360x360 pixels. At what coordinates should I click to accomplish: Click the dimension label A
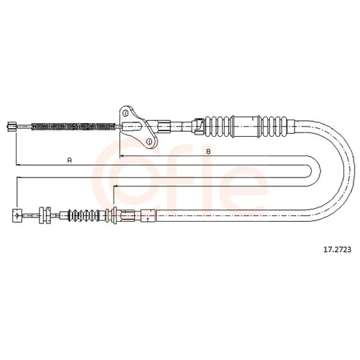pyautogui.click(x=70, y=161)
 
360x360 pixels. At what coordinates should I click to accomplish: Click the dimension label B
pyautogui.click(x=208, y=152)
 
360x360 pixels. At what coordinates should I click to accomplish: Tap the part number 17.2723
pyautogui.click(x=338, y=250)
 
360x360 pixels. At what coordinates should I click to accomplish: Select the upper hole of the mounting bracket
pyautogui.click(x=125, y=113)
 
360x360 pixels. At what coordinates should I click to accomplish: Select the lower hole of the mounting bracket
pyautogui.click(x=149, y=142)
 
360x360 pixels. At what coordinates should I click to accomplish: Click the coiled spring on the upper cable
pyautogui.click(x=73, y=127)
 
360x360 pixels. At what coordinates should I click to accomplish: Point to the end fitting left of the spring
pyautogui.click(x=12, y=127)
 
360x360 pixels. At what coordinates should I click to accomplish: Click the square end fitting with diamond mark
pyautogui.click(x=17, y=216)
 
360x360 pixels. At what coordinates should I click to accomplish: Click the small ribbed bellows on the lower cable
pyautogui.click(x=84, y=215)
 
